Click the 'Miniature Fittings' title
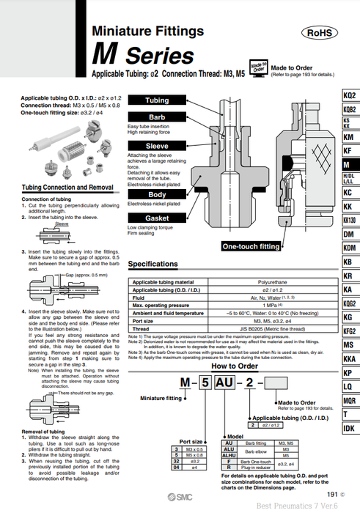147,31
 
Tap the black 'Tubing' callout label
157,100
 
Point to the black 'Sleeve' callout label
157,146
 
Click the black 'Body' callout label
157,194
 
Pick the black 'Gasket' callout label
157,218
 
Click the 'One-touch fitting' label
250,247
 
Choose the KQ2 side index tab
350,95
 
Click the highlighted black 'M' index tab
350,165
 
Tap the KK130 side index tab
350,220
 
